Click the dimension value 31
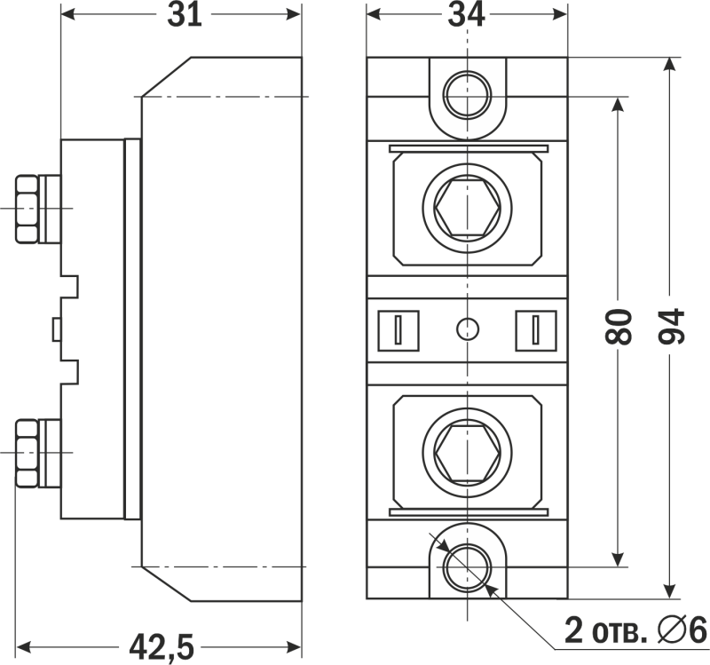pos(185,15)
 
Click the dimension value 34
pos(467,15)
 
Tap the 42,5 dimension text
pos(162,646)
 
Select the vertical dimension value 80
pos(618,327)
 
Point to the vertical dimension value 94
pos(671,326)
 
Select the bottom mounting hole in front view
pos(468,567)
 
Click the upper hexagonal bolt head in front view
pos(468,208)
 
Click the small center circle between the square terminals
pos(468,329)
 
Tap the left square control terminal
pos(398,330)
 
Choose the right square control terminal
pos(536,330)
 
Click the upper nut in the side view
pos(27,209)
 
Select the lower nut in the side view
pos(27,453)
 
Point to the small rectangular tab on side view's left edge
pos(57,329)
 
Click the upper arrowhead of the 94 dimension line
pos(670,64)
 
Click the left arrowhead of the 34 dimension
pos(374,14)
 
